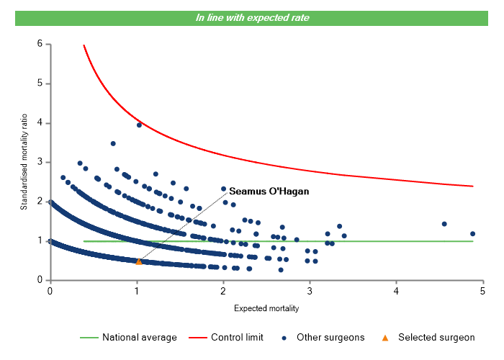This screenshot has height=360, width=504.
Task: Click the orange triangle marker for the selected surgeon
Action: coord(139,261)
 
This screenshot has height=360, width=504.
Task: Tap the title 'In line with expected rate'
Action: coord(252,17)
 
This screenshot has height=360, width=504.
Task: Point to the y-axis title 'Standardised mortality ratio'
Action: coord(24,161)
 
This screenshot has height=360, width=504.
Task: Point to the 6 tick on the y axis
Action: coord(39,45)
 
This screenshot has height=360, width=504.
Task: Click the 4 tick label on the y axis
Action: coord(39,123)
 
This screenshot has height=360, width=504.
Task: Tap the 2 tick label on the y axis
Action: coord(39,202)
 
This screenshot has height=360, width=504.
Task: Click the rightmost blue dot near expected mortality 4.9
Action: coord(473,233)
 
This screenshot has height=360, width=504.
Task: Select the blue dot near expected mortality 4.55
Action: coord(444,224)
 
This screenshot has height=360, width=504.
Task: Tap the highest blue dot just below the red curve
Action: coord(139,125)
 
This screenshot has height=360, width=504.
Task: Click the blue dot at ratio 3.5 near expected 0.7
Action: coord(113,143)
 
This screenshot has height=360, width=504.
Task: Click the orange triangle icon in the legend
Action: coord(385,337)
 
